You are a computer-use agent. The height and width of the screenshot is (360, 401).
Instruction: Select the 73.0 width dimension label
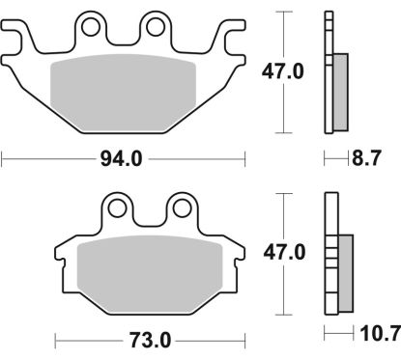150,340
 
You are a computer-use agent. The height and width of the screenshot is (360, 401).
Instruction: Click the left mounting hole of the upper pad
92,25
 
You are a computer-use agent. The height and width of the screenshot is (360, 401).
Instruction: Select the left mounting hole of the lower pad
120,207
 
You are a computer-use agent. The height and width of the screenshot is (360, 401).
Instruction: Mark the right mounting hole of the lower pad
180,207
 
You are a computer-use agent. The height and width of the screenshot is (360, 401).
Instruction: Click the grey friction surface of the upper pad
125,87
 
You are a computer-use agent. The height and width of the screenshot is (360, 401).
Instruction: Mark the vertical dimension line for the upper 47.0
280,106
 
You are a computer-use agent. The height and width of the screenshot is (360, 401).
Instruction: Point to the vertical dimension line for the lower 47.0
280,290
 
